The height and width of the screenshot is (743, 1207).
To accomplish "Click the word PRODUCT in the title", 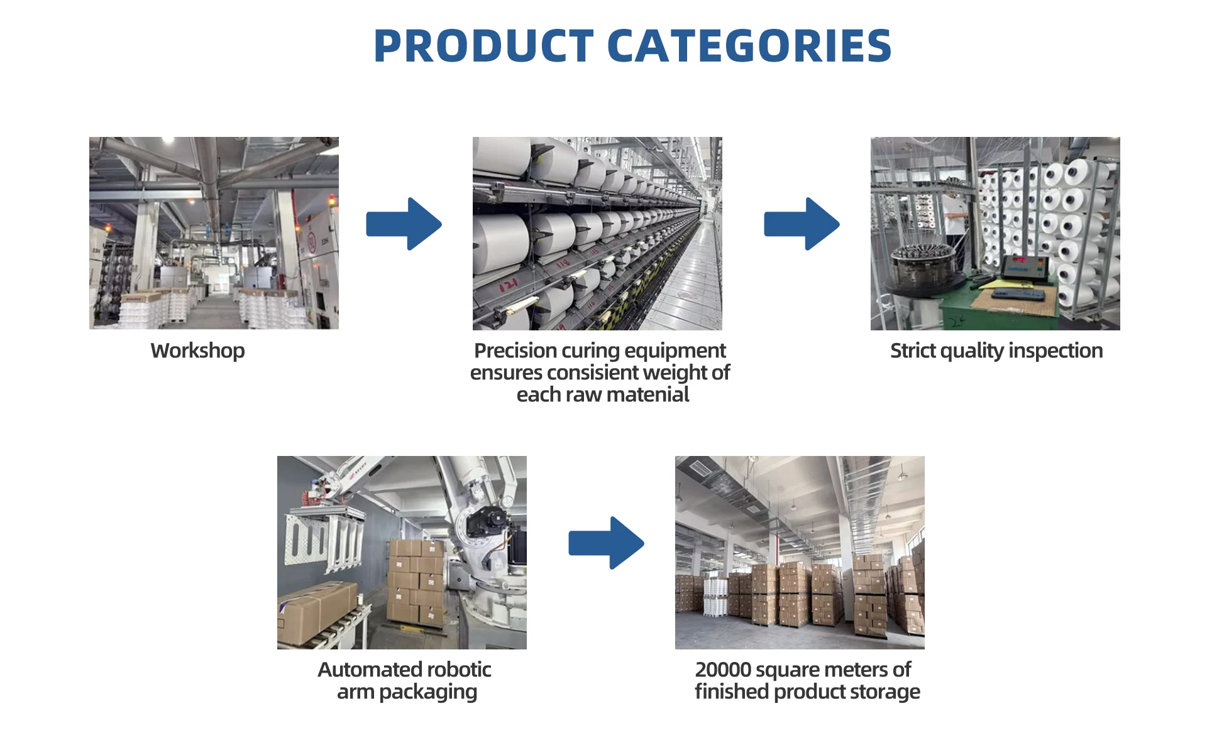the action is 483,46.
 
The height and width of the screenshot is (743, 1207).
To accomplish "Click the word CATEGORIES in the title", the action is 749,46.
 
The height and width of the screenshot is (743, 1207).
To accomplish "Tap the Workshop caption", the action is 197,350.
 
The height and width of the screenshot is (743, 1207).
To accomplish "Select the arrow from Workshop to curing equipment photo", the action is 404,224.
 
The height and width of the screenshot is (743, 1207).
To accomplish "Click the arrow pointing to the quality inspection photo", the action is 802,224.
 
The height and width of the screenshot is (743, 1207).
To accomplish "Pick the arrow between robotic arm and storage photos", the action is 606,543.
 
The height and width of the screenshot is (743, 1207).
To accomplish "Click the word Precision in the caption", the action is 515,350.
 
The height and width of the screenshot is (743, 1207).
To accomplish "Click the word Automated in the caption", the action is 361,670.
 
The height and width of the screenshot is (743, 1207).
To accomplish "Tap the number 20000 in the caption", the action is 723,670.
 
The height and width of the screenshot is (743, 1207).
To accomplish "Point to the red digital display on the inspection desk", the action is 1019,259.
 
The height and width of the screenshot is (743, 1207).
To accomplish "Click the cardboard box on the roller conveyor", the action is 317,612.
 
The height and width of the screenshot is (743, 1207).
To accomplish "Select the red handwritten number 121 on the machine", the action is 507,286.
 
